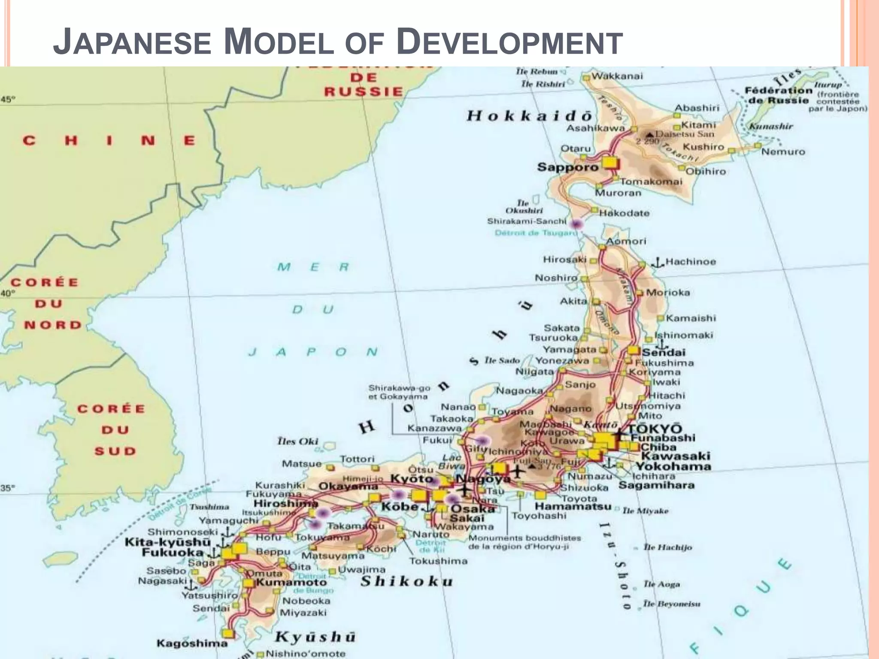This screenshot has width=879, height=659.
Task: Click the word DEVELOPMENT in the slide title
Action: pyautogui.click(x=509, y=42)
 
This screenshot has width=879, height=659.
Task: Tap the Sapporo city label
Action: pyautogui.click(x=567, y=167)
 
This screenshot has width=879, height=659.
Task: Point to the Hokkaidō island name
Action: pyautogui.click(x=530, y=116)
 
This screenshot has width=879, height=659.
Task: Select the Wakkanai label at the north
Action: pyautogui.click(x=617, y=76)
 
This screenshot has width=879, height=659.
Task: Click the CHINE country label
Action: pyautogui.click(x=109, y=141)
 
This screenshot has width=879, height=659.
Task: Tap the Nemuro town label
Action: pyautogui.click(x=783, y=151)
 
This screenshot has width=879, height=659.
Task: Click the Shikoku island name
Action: pyautogui.click(x=406, y=582)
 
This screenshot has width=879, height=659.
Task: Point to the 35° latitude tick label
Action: pyautogui.click(x=8, y=488)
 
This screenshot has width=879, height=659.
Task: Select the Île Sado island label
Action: pyautogui.click(x=502, y=360)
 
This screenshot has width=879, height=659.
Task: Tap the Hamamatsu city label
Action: pyautogui.click(x=573, y=506)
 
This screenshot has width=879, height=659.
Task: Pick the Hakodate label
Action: pyautogui.click(x=624, y=213)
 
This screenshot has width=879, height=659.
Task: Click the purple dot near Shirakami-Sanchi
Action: pyautogui.click(x=576, y=224)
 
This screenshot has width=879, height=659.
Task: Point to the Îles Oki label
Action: pyautogui.click(x=297, y=441)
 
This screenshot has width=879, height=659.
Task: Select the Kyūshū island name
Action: pyautogui.click(x=315, y=637)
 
